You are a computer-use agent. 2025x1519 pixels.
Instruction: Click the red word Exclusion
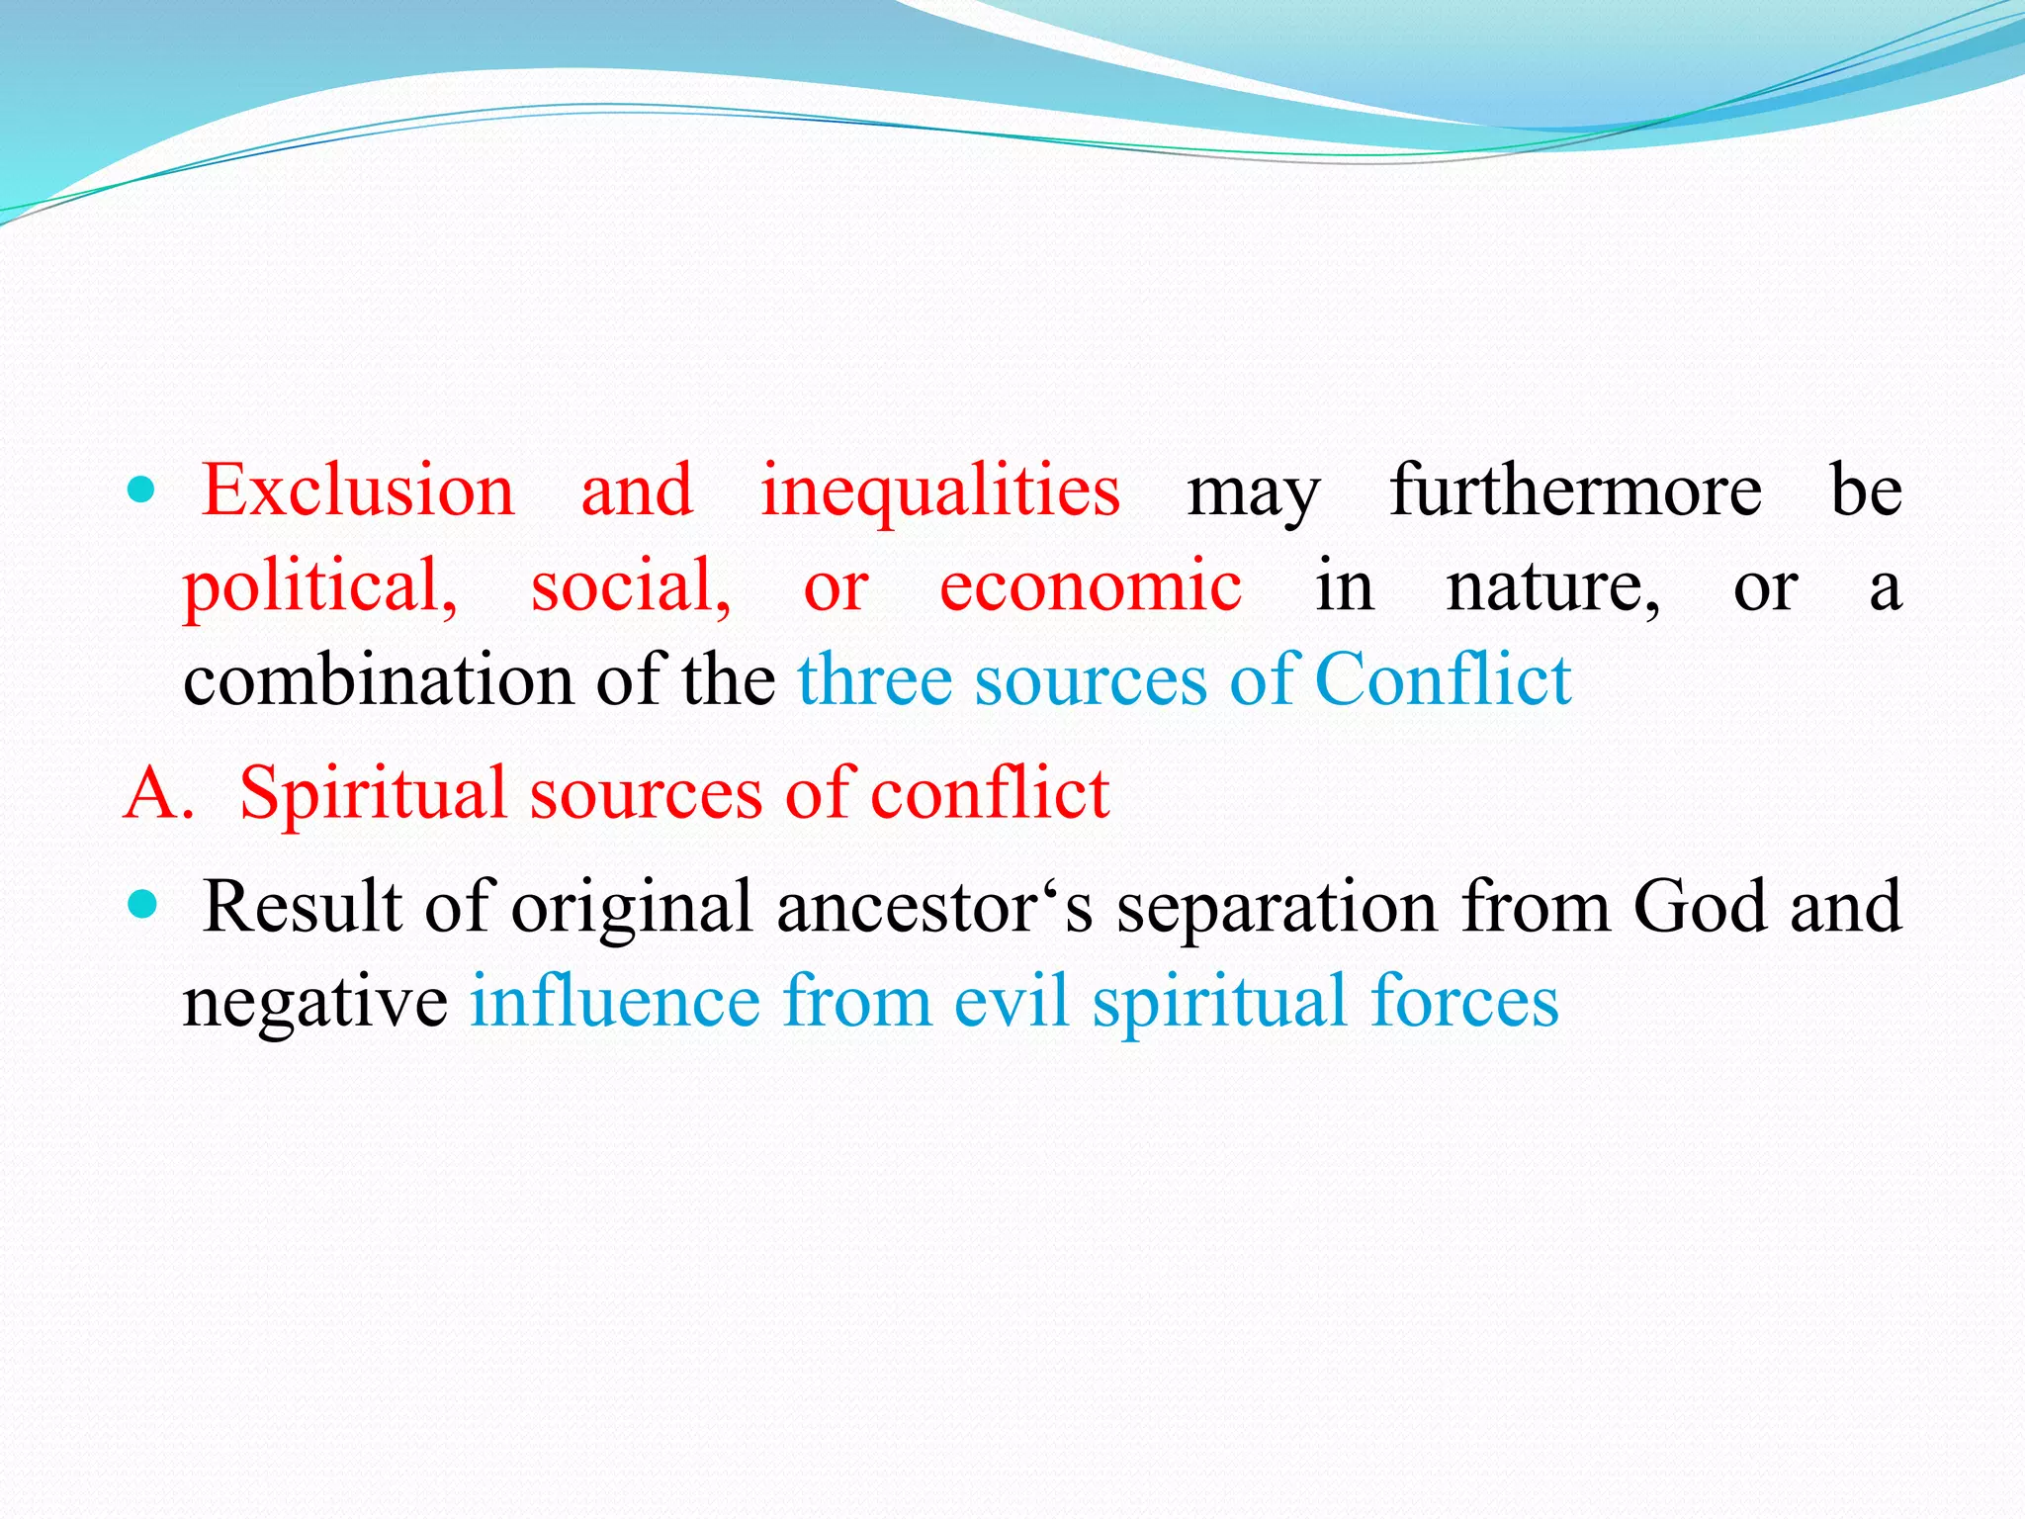[x=358, y=491]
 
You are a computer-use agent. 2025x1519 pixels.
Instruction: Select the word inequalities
[x=939, y=492]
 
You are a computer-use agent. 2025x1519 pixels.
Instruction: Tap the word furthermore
[x=1575, y=491]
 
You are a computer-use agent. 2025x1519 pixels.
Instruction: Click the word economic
[x=1090, y=585]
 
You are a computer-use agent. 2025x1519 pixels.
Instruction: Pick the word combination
[x=378, y=680]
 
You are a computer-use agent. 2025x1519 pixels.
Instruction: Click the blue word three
[x=874, y=680]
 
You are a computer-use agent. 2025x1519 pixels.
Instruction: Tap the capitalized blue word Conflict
[x=1443, y=680]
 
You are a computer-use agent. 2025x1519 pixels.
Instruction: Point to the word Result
[x=302, y=906]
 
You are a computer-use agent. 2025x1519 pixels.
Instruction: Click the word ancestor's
[x=934, y=908]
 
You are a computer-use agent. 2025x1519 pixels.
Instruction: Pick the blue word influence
[x=614, y=1001]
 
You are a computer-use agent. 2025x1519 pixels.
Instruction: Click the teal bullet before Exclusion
[x=142, y=489]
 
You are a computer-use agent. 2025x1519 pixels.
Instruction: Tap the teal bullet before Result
[x=142, y=904]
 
